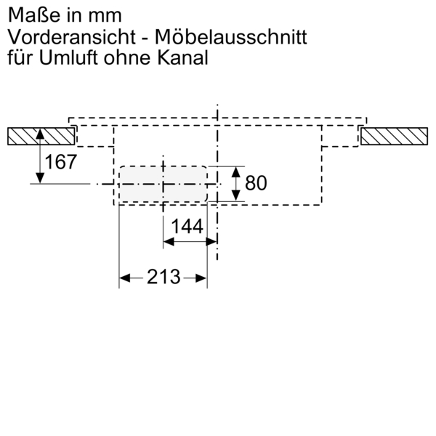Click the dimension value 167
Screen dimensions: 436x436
(60, 162)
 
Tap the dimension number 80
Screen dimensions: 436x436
(256, 183)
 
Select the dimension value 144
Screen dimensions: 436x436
(186, 227)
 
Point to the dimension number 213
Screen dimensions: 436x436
(163, 277)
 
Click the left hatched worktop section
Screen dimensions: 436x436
(39, 137)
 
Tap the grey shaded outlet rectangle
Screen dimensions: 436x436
(163, 184)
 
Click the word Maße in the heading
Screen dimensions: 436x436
(28, 14)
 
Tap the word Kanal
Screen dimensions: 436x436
(182, 57)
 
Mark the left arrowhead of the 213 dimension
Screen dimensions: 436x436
(123, 278)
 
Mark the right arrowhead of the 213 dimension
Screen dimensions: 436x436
(203, 278)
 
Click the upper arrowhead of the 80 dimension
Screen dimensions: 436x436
(235, 171)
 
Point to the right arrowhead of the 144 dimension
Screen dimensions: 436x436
(212, 240)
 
